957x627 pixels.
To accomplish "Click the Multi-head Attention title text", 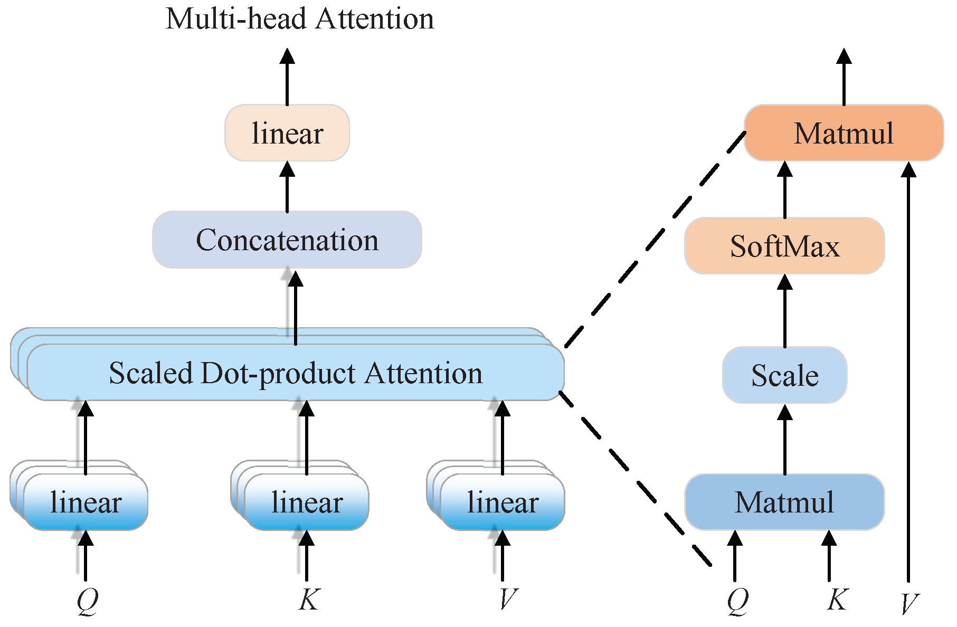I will [x=299, y=19].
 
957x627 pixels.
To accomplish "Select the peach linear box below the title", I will [x=287, y=133].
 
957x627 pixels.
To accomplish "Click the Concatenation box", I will [x=287, y=240].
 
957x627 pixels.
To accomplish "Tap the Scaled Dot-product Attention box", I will [x=296, y=373].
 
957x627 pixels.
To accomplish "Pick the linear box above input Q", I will [x=86, y=502].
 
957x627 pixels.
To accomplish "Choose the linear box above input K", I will [x=307, y=502].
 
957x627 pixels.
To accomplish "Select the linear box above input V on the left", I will [x=503, y=502].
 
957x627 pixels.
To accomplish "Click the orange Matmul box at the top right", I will [x=844, y=133].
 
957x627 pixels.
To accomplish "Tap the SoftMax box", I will [x=784, y=246].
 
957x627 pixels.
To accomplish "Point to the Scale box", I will [x=784, y=375].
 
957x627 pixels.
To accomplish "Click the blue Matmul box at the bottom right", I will [x=784, y=502].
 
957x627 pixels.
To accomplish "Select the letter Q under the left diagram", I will [x=87, y=601].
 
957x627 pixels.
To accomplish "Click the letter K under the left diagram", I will [x=309, y=600].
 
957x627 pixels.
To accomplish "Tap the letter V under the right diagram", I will [x=909, y=604].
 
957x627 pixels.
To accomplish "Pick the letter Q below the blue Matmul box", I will [x=737, y=601].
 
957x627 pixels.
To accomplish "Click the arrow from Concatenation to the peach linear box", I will [x=287, y=187].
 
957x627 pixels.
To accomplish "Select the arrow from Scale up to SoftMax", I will [x=785, y=311].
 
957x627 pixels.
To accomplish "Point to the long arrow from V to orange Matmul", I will [x=908, y=369].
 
